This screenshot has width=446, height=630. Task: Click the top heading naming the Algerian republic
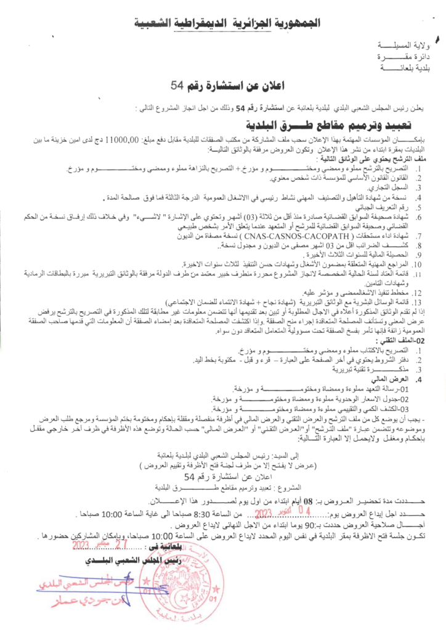[x=222, y=24]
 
